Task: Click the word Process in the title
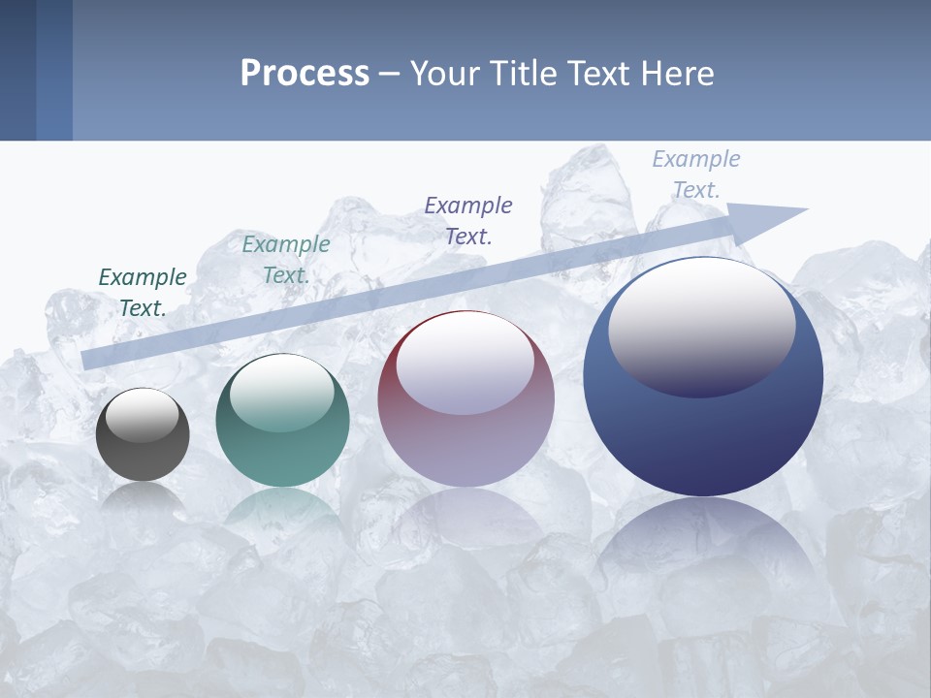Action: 305,74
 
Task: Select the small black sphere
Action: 143,456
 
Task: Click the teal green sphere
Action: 282,456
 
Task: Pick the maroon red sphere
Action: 465,446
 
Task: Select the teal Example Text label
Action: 286,260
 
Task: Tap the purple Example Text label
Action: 468,220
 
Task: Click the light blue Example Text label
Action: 696,174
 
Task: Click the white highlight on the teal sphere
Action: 282,394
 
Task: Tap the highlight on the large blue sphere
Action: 701,326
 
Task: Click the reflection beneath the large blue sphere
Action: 703,553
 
